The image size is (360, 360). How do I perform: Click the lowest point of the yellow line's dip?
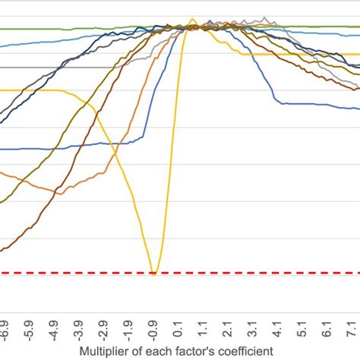tap(153, 273)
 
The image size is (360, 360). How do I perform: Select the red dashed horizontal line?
tap(76, 273)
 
